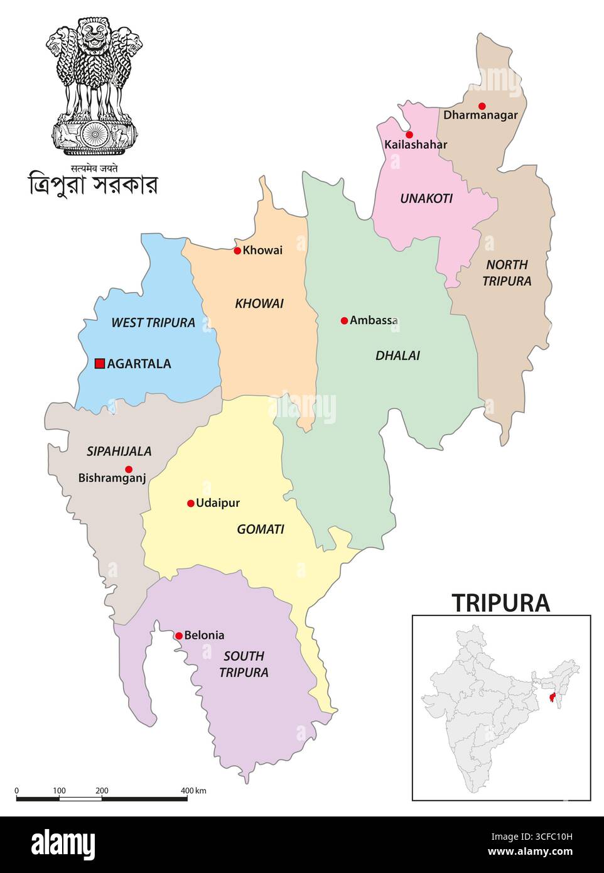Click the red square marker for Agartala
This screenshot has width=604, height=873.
[99, 363]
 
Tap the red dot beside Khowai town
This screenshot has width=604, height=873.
[237, 251]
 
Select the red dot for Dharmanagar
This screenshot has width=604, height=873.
[482, 106]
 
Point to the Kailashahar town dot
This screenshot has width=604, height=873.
[409, 134]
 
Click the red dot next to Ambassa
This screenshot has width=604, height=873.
[344, 320]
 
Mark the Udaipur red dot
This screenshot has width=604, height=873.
[191, 503]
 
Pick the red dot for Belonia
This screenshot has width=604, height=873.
[179, 636]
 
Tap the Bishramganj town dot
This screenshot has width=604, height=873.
[129, 469]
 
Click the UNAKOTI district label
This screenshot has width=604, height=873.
[426, 198]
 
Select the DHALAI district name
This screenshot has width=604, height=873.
[397, 355]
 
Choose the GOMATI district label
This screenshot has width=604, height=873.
[261, 529]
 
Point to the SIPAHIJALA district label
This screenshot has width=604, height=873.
[119, 451]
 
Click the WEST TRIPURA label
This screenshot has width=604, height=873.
[153, 323]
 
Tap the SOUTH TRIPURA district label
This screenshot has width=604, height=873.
[244, 664]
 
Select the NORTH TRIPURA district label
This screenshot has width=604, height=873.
[507, 273]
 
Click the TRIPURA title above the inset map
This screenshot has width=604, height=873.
[501, 603]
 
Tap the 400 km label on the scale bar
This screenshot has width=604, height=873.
[193, 790]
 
